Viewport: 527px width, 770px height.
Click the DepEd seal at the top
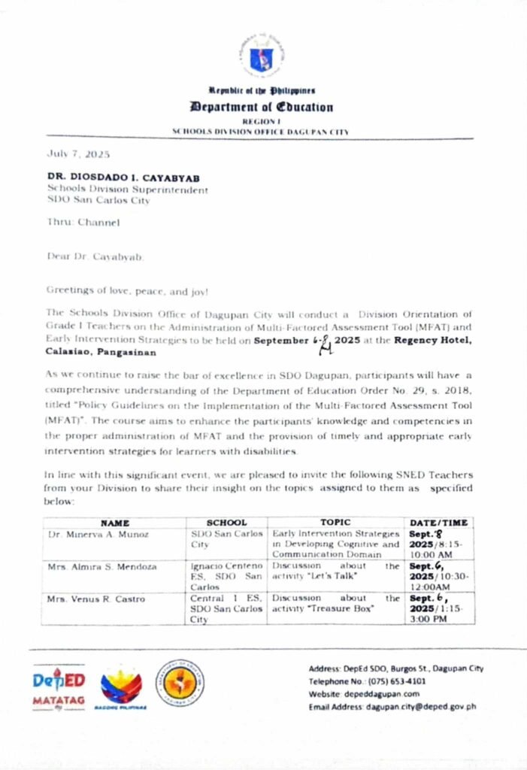point(260,55)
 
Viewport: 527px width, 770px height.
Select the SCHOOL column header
point(226,522)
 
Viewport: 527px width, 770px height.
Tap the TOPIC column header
point(335,522)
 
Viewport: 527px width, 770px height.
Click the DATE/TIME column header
point(438,522)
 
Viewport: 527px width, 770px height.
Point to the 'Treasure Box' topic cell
point(335,603)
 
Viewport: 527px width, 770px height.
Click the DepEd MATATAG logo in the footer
point(58,687)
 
